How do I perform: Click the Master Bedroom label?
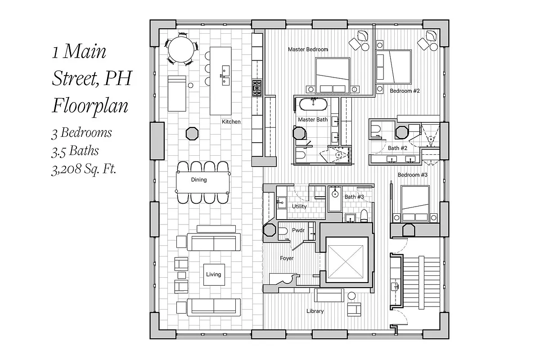click(308, 49)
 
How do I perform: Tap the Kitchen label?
click(231, 122)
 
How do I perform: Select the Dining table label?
click(198, 180)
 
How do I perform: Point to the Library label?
click(315, 311)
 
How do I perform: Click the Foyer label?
click(287, 258)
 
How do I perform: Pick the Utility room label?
click(299, 207)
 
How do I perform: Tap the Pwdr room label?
click(298, 230)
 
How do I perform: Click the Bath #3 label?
click(354, 197)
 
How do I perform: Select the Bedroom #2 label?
click(405, 91)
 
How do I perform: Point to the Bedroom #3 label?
click(412, 175)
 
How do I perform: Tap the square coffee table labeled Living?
click(213, 274)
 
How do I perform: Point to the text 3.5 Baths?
click(75, 151)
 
